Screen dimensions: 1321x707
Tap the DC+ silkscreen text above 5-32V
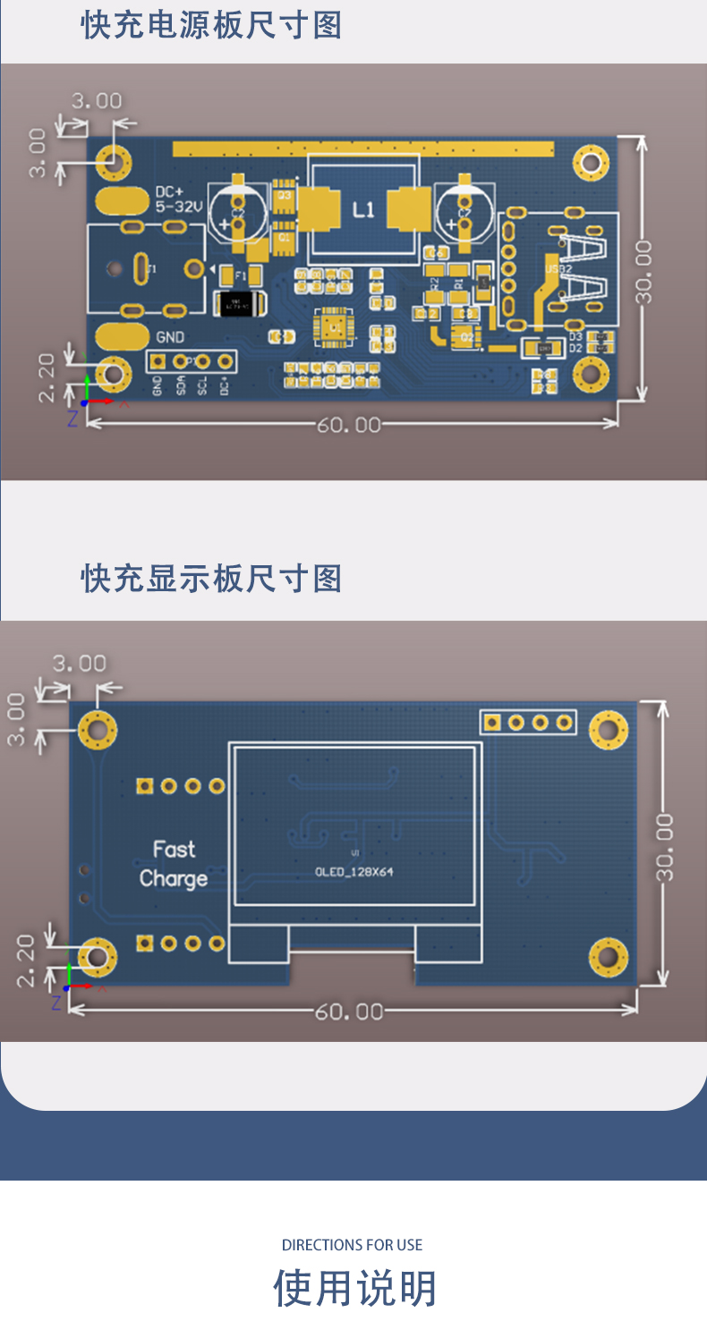pyautogui.click(x=169, y=191)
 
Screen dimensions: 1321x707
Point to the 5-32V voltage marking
pyautogui.click(x=180, y=207)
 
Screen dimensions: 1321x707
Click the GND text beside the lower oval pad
pyautogui.click(x=170, y=337)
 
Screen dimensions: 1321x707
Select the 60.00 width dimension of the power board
pyautogui.click(x=349, y=424)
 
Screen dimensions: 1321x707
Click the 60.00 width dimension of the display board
pyautogui.click(x=349, y=1012)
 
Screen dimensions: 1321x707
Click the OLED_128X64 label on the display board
pyautogui.click(x=354, y=872)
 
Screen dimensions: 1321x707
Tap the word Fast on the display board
pyautogui.click(x=174, y=849)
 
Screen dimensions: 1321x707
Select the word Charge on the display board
pyautogui.click(x=174, y=879)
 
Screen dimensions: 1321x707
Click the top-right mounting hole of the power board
pyautogui.click(x=591, y=162)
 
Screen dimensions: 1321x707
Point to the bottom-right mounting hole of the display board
pyautogui.click(x=609, y=957)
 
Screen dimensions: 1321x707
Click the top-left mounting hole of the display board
pyautogui.click(x=98, y=730)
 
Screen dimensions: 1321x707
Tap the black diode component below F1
pyautogui.click(x=239, y=304)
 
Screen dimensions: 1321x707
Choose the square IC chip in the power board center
pyautogui.click(x=334, y=328)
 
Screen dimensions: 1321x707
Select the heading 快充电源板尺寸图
pyautogui.click(x=212, y=26)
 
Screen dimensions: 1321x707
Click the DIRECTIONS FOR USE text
pyautogui.click(x=352, y=1245)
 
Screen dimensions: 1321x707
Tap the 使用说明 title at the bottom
pyautogui.click(x=354, y=1289)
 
